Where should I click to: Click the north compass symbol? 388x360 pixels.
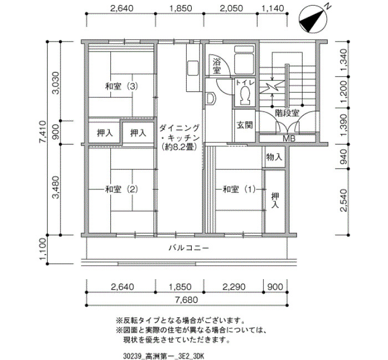click(313, 19)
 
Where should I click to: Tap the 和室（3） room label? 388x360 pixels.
click(121, 86)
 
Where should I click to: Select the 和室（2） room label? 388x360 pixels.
click(121, 189)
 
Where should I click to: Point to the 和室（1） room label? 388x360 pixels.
click(239, 189)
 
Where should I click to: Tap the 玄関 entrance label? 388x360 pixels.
click(245, 125)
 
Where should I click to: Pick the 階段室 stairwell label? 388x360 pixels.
click(287, 113)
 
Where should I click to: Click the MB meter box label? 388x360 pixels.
click(289, 138)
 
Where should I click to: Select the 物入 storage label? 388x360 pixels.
click(274, 157)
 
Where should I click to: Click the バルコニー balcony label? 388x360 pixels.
click(189, 248)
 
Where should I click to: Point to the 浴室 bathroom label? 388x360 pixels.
click(217, 66)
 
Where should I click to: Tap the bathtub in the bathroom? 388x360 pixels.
click(244, 60)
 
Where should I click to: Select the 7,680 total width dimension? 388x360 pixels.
click(187, 300)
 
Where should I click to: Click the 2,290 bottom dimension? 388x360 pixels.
click(234, 287)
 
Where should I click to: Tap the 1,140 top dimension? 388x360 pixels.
click(273, 8)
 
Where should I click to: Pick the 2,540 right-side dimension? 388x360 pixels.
click(344, 200)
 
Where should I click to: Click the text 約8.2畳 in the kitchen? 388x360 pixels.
click(180, 147)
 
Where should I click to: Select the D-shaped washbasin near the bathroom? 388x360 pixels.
click(211, 99)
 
